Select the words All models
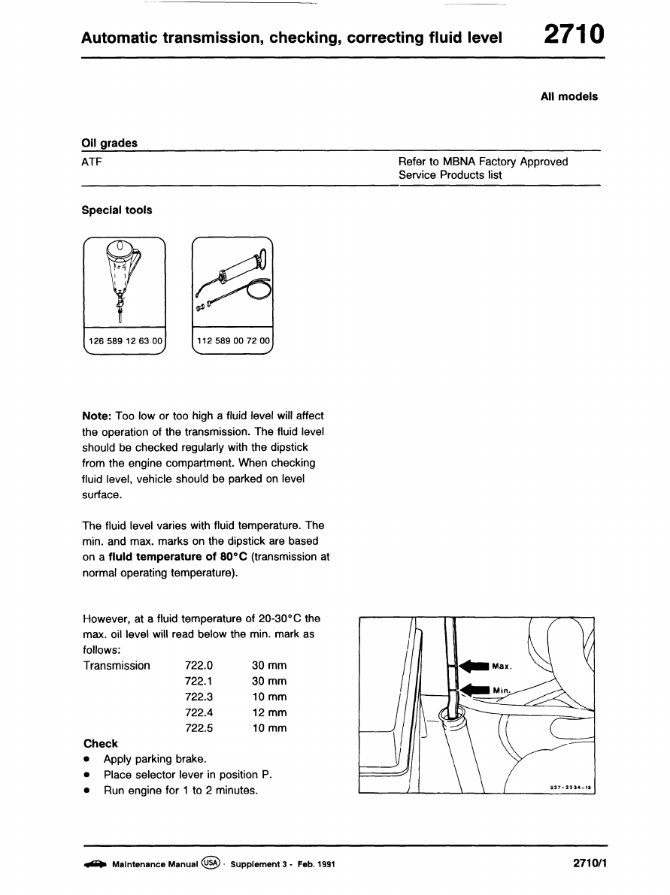click(569, 96)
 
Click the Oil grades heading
click(109, 143)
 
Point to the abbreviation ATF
click(92, 162)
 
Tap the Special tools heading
click(117, 210)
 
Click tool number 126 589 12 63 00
click(125, 341)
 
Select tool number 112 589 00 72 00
click(233, 341)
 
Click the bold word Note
click(95, 416)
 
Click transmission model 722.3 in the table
click(199, 697)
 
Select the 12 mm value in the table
click(269, 712)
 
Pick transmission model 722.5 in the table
click(199, 728)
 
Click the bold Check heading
click(101, 744)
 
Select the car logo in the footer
click(94, 865)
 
